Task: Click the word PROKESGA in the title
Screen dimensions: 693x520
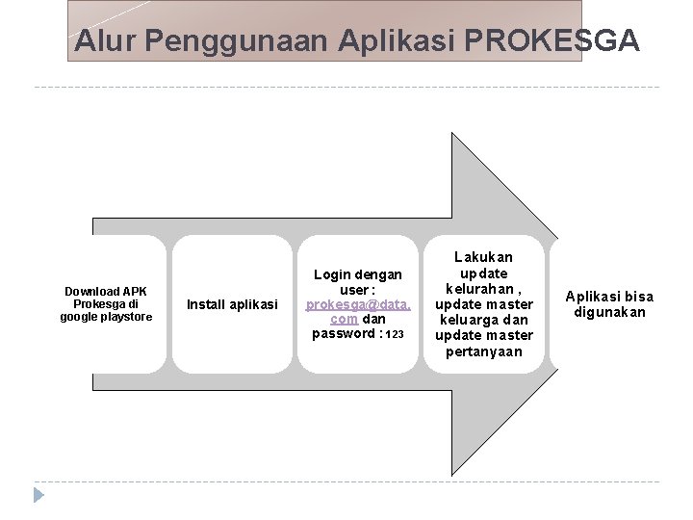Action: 551,41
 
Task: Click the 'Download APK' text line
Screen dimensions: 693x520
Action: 106,291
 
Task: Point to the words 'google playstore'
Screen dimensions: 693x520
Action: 106,317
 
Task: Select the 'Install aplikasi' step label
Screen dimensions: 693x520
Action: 232,304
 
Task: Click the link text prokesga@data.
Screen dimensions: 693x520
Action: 358,304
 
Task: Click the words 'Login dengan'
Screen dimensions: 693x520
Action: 358,274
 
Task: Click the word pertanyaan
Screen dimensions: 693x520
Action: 483,351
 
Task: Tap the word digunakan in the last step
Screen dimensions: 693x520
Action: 609,312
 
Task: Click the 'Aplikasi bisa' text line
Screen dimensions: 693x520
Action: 609,296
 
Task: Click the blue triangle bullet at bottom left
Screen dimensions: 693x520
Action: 38,496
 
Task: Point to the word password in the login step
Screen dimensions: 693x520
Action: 343,333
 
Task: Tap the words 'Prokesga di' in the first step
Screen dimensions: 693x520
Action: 106,304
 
